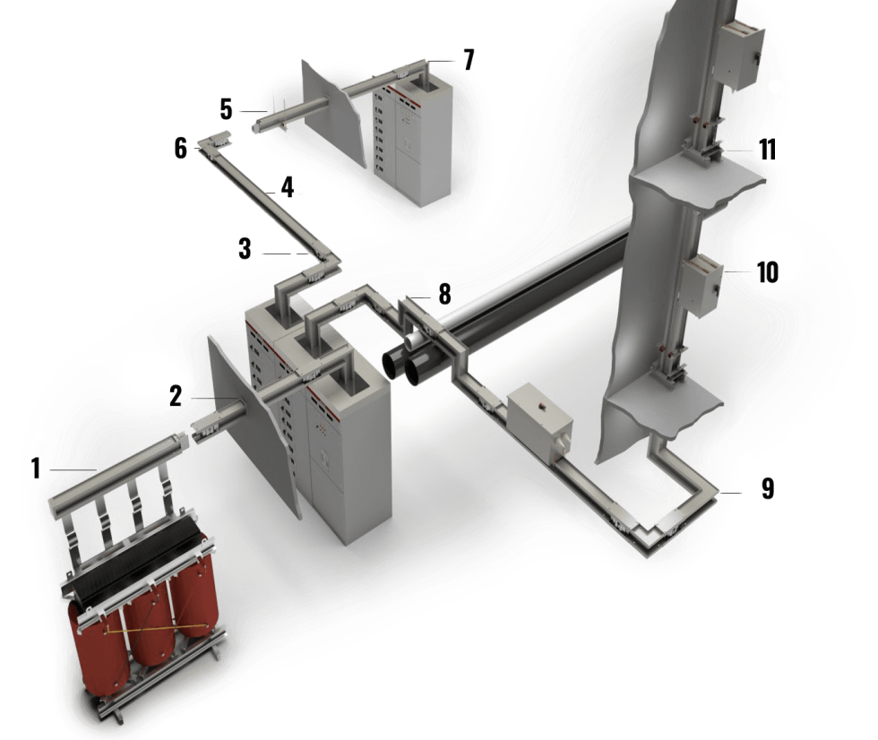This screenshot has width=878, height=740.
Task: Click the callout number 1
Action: pyautogui.click(x=36, y=469)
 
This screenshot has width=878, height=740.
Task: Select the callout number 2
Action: pyautogui.click(x=176, y=396)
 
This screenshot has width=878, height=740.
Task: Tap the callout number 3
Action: pyautogui.click(x=245, y=249)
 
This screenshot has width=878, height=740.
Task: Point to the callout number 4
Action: pyautogui.click(x=288, y=187)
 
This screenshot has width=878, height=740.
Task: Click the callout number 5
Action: pyautogui.click(x=226, y=109)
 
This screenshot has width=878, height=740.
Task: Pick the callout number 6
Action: pyautogui.click(x=180, y=149)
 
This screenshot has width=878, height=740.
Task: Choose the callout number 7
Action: pyautogui.click(x=469, y=60)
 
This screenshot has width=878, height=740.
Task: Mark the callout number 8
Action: pyautogui.click(x=444, y=294)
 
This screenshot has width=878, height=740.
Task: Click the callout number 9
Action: pyautogui.click(x=768, y=488)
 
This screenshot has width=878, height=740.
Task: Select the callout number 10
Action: pyautogui.click(x=768, y=272)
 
